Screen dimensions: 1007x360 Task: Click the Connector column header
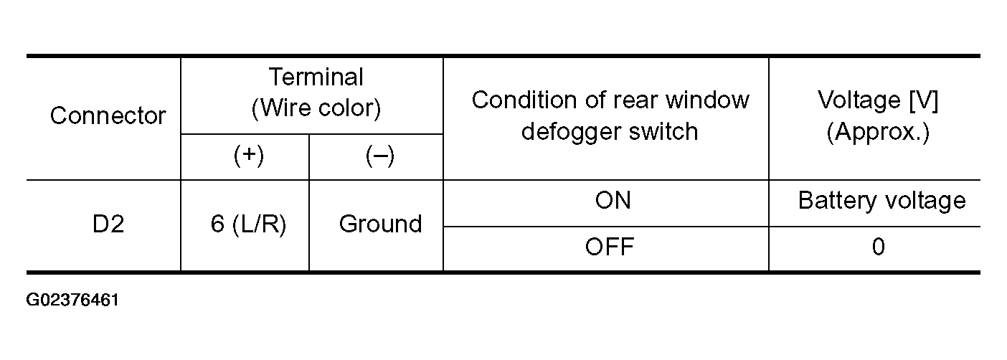(108, 116)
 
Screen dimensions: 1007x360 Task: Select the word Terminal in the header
(316, 77)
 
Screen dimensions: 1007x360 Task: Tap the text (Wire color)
(316, 108)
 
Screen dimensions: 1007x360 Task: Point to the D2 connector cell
(108, 224)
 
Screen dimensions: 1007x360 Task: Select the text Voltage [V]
(878, 100)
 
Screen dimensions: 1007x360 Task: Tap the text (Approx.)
(878, 133)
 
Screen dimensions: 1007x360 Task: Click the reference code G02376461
(72, 300)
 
